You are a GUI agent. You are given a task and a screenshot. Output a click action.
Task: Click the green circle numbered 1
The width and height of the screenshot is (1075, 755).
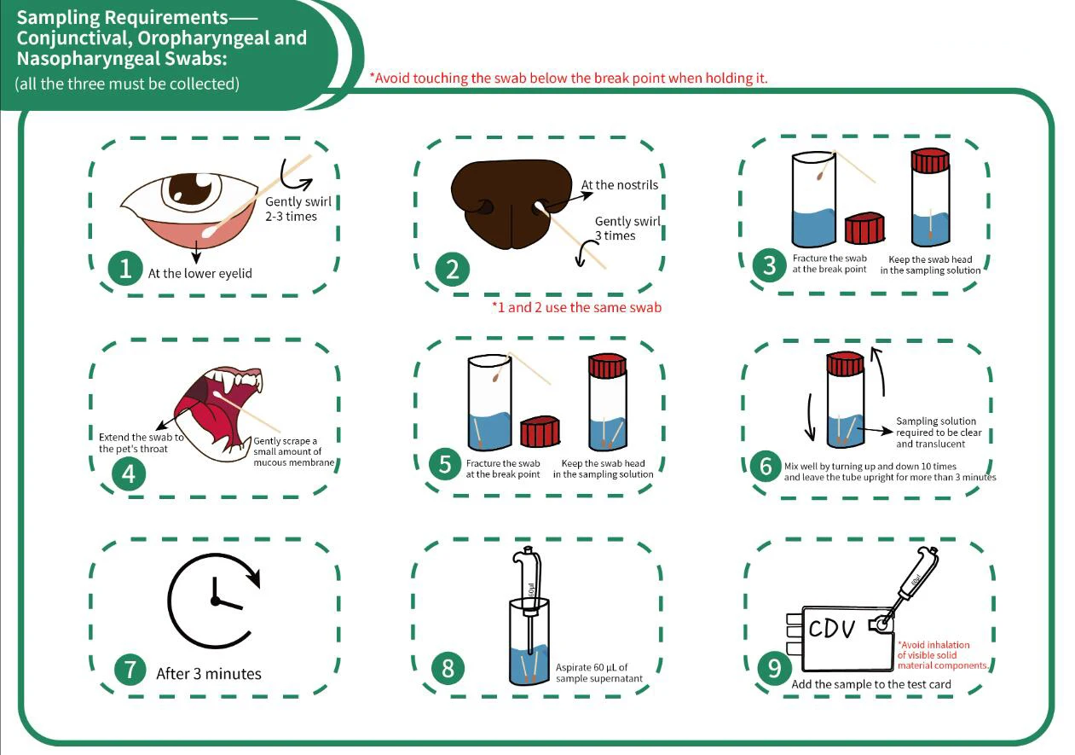pos(124,268)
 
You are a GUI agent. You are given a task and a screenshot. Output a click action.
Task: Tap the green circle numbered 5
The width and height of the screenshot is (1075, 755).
pos(445,464)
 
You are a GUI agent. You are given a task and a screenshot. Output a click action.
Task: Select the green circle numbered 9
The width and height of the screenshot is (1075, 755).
pos(774,668)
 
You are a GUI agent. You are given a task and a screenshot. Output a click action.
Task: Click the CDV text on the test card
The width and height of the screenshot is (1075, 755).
pos(832,629)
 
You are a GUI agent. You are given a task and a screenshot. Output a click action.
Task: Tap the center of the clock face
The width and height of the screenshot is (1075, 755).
pos(215,601)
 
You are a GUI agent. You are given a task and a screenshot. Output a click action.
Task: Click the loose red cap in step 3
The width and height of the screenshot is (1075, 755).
pos(864,228)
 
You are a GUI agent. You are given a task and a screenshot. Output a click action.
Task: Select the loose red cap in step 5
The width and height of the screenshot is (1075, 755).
pos(540,432)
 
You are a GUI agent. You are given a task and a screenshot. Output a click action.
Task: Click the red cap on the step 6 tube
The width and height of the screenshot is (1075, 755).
pos(845,363)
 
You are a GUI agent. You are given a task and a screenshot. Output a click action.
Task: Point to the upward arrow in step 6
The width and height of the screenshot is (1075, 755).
pos(879,371)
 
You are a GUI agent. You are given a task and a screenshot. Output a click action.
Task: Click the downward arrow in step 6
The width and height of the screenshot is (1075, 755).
pos(810,417)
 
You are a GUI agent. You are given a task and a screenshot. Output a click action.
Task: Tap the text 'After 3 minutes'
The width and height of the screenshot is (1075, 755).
pos(209,673)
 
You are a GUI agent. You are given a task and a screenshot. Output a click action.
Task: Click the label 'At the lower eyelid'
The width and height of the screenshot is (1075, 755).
pos(199,273)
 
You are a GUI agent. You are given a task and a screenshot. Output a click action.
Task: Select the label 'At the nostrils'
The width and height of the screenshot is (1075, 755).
pos(620,185)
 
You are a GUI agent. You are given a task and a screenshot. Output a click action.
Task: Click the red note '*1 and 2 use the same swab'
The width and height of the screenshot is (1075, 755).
pos(576,307)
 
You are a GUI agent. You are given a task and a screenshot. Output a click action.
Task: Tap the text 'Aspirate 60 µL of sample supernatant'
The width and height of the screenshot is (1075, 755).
pos(599,672)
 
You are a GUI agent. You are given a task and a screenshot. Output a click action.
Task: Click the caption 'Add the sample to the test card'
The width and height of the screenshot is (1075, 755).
pos(871,684)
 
